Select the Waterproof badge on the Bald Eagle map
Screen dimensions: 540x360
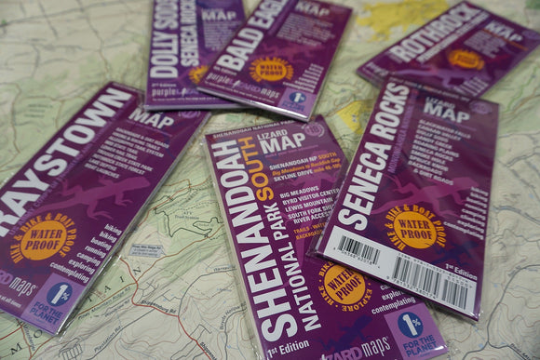tap(271, 69)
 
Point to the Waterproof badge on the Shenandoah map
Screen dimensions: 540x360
tap(344, 285)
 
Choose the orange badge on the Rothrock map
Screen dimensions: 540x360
tap(465, 59)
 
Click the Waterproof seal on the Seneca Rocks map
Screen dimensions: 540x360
tap(415, 228)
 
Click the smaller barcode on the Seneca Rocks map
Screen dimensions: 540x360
tap(358, 249)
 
